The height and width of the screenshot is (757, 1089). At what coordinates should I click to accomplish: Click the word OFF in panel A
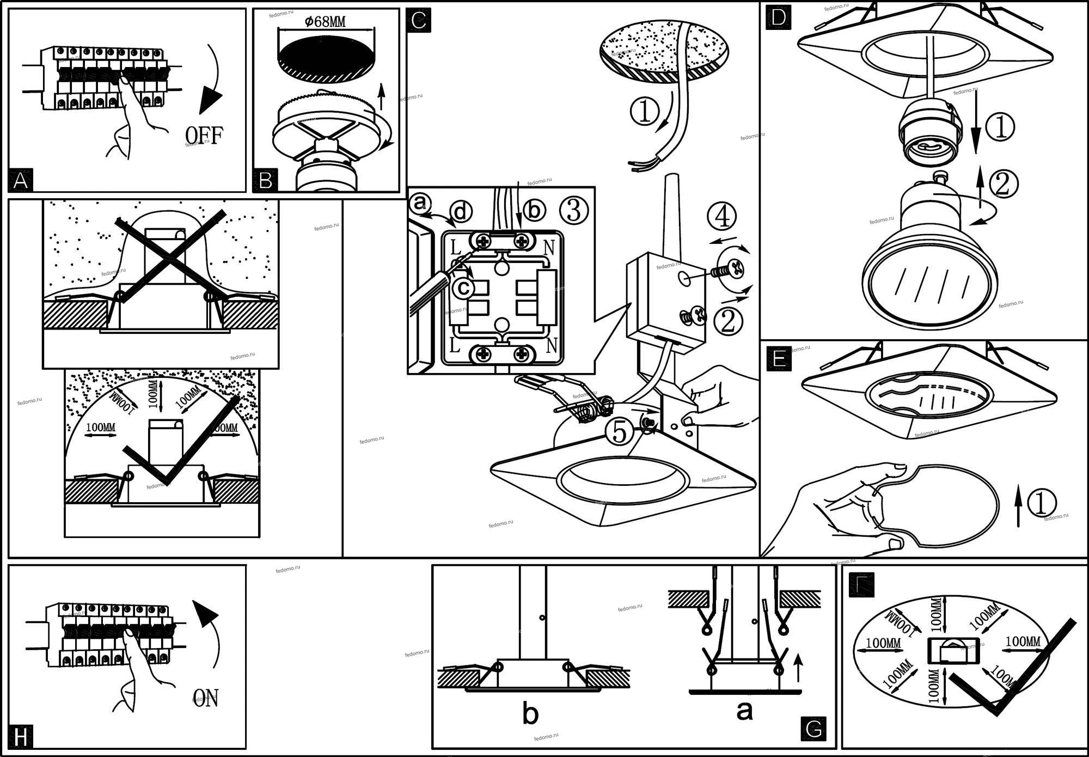(204, 135)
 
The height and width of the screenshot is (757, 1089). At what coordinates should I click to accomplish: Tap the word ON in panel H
(206, 698)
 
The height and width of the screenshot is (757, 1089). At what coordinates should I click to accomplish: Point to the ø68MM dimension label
(325, 22)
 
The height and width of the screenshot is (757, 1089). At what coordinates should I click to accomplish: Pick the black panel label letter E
(779, 359)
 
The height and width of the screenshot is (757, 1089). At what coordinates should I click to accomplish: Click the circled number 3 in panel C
(573, 211)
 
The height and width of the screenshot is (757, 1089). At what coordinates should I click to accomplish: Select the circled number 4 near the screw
(722, 216)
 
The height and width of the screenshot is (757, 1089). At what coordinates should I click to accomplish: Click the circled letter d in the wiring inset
(461, 211)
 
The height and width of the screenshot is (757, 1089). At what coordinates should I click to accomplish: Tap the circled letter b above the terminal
(534, 211)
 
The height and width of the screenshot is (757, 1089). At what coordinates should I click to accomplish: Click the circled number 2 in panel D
(1002, 184)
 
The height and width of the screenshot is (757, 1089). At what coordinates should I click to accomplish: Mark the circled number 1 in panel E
(1041, 503)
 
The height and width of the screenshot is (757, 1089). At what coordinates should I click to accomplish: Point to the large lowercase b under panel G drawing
(530, 713)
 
